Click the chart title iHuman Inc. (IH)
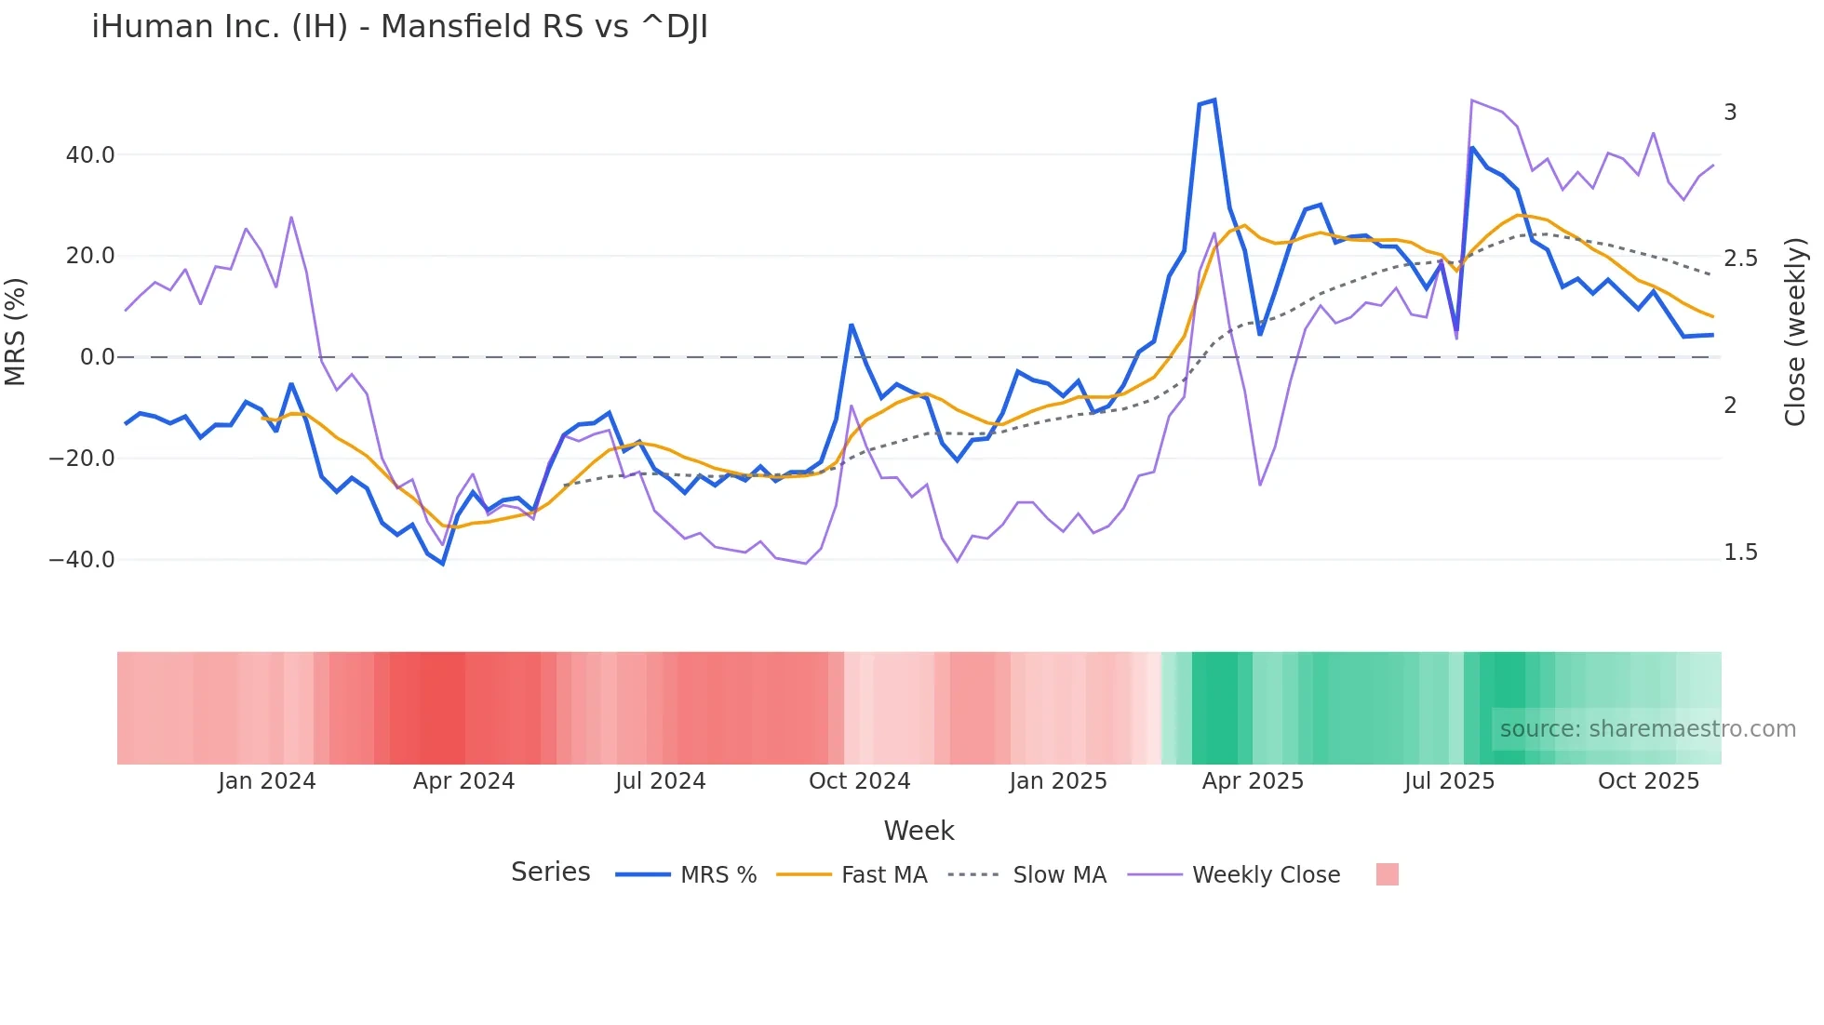click(399, 27)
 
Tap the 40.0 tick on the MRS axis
click(90, 155)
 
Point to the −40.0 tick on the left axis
click(82, 560)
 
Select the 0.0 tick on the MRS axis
click(98, 357)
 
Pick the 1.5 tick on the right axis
click(1740, 552)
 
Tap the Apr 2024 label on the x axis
click(463, 781)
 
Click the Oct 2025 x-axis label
click(1648, 781)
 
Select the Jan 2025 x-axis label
click(1057, 781)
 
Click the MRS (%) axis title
click(16, 331)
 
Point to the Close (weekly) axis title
click(1795, 331)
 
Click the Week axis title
click(919, 831)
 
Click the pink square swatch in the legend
click(1387, 875)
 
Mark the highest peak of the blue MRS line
click(1214, 100)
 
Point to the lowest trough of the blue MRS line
click(443, 564)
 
